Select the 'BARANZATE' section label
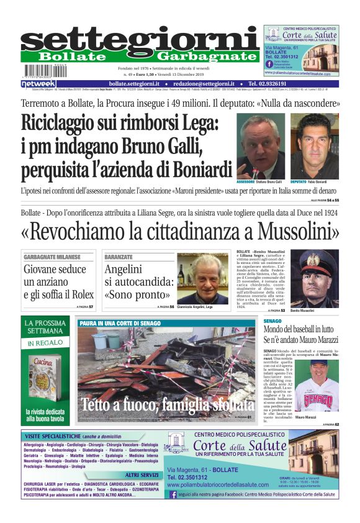pyautogui.click(x=119, y=257)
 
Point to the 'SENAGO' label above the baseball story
pyautogui.click(x=272, y=322)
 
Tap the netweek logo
pyautogui.click(x=38, y=84)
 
